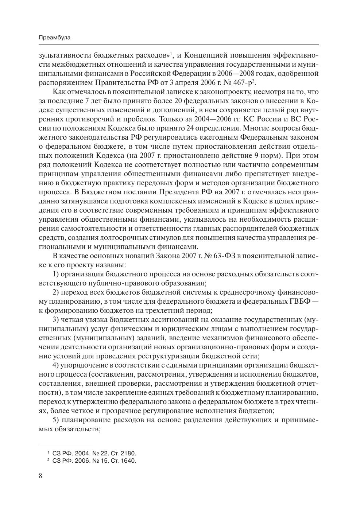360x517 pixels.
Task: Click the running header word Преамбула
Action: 54,38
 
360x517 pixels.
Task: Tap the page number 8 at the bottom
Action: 40,476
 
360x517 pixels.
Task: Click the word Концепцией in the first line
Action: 205,55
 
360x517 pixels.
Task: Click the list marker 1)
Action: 56,274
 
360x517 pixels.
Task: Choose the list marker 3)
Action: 56,320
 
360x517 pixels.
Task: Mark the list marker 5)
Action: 56,420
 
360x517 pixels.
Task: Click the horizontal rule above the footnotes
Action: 66,446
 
